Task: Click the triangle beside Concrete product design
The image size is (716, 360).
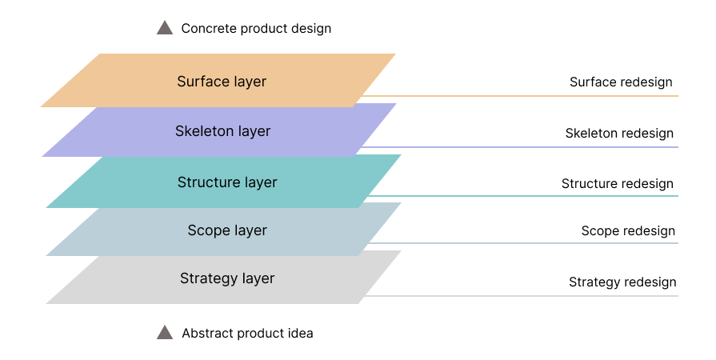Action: tap(165, 28)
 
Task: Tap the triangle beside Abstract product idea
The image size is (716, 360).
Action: tap(165, 333)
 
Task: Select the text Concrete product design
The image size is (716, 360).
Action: tap(256, 28)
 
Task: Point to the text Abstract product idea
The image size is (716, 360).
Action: tap(247, 333)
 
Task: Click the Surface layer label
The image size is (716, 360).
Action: tap(222, 82)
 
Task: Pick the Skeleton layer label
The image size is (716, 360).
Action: tap(223, 131)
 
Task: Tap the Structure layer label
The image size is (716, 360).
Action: tap(227, 182)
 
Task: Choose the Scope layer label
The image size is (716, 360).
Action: tap(227, 230)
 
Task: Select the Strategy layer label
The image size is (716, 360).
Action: tap(227, 278)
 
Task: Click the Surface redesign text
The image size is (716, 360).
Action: tap(621, 82)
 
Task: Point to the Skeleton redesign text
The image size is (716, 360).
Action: tap(619, 134)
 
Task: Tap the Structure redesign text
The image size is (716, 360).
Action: tap(618, 184)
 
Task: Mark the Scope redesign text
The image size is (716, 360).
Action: tap(628, 230)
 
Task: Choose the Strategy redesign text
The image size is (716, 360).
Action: tap(622, 282)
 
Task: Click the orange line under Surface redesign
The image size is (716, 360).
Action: tap(520, 96)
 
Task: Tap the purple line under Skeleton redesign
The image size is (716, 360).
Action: tap(520, 147)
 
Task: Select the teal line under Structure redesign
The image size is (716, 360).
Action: tap(523, 196)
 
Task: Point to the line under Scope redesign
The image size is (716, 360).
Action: tap(523, 243)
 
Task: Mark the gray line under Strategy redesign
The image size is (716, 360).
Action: tap(522, 296)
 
